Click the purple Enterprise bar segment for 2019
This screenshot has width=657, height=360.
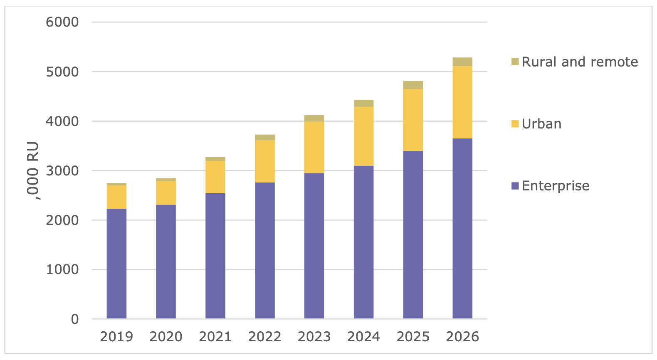[x=116, y=264]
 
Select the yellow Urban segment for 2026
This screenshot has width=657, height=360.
[x=462, y=102]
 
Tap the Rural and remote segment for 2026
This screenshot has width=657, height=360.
[x=462, y=62]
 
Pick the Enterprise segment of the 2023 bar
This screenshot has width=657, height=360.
[x=314, y=246]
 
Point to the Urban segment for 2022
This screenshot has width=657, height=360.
[x=264, y=161]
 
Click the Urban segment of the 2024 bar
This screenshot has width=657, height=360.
[x=363, y=136]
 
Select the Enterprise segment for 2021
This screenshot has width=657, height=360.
[x=215, y=256]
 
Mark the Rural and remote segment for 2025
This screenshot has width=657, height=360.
[x=413, y=85]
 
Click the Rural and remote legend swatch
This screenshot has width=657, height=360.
[x=515, y=62]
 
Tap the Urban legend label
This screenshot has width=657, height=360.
[x=541, y=124]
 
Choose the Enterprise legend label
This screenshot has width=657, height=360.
[x=556, y=186]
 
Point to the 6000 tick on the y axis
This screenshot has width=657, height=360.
[x=62, y=22]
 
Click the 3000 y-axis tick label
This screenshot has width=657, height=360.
[x=62, y=171]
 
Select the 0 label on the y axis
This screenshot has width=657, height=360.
[x=75, y=319]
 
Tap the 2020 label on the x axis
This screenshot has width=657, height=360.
[x=166, y=337]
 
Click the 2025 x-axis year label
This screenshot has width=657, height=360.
[x=413, y=337]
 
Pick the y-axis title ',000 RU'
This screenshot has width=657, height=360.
[x=33, y=171]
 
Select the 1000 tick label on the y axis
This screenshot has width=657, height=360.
[x=62, y=270]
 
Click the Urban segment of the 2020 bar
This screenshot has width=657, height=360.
[x=166, y=193]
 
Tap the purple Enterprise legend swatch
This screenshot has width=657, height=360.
[x=515, y=186]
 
